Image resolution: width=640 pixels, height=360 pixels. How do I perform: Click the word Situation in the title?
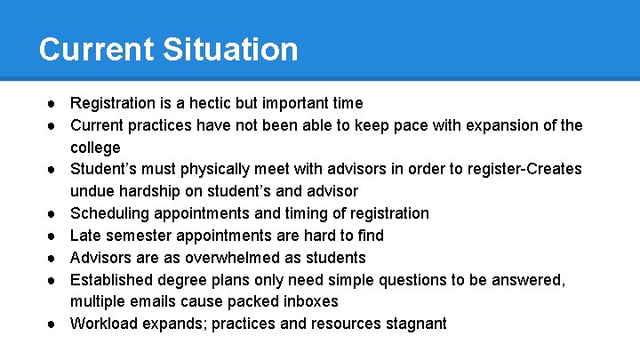pos(230,49)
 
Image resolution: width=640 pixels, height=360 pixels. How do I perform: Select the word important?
pos(291,103)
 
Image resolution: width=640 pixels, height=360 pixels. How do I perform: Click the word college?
pos(95,148)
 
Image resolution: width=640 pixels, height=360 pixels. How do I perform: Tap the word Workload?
pos(102,324)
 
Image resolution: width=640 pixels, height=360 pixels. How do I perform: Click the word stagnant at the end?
pos(416,324)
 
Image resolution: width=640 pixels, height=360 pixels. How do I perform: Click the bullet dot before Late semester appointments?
pos(54,236)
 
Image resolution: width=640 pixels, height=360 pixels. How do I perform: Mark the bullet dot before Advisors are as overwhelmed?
pos(54,258)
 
